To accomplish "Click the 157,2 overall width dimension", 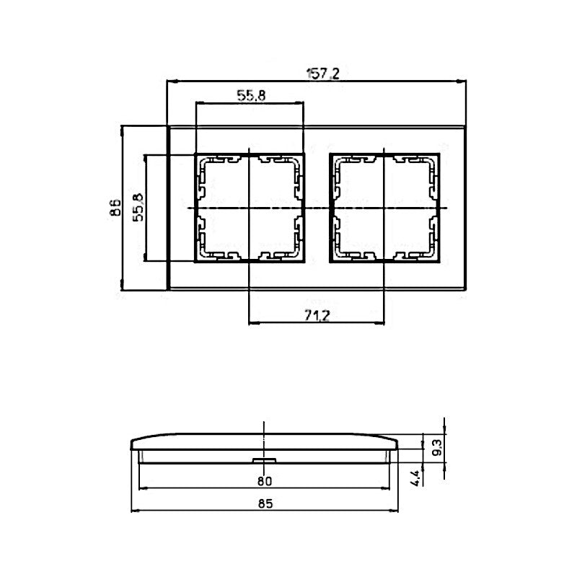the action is [x=322, y=74].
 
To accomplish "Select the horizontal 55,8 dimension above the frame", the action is [x=251, y=96].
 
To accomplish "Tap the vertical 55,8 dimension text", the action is [x=138, y=207].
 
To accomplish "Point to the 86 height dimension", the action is [x=115, y=207].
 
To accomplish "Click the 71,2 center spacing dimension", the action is [x=317, y=315].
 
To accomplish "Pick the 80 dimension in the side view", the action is [x=264, y=481].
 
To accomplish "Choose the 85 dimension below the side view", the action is [x=265, y=503].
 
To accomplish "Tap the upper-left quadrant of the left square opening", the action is [x=225, y=182].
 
